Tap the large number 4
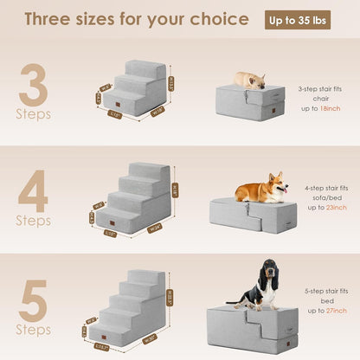[34, 188]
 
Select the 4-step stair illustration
[135, 198]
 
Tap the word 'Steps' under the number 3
[34, 113]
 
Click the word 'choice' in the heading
[221, 20]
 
